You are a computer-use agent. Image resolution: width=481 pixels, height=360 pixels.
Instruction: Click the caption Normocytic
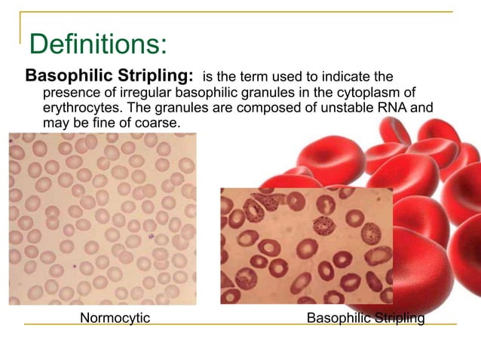(x=115, y=318)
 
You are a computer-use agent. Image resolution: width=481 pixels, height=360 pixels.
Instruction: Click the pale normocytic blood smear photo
(x=103, y=218)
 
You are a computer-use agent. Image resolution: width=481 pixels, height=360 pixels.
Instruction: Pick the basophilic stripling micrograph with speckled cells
(x=306, y=246)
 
